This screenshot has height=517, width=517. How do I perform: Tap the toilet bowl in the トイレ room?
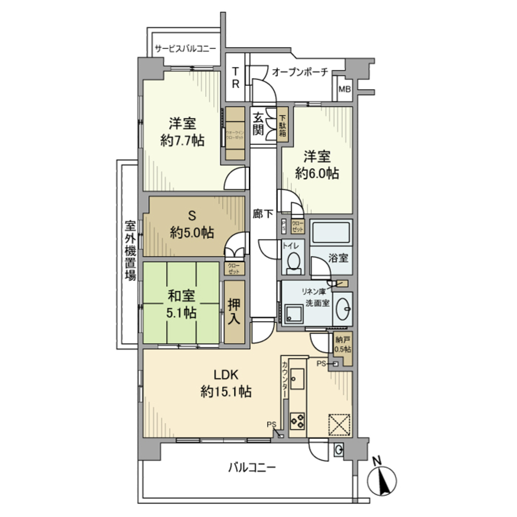pyautogui.click(x=293, y=262)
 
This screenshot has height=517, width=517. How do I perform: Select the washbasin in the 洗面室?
pyautogui.click(x=343, y=309)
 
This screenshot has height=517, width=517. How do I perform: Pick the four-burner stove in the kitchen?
pyautogui.click(x=297, y=421)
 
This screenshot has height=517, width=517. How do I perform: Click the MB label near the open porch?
pyautogui.click(x=344, y=89)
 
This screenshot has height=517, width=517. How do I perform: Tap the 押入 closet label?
pyautogui.click(x=234, y=312)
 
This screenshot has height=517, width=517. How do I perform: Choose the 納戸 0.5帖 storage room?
pyautogui.click(x=342, y=345)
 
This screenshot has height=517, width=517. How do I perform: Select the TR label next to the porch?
pyautogui.click(x=235, y=78)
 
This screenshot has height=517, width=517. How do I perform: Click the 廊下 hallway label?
pyautogui.click(x=263, y=213)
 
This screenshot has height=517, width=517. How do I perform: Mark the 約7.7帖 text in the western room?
pyautogui.click(x=183, y=140)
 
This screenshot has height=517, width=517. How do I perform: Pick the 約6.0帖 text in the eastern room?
pyautogui.click(x=317, y=173)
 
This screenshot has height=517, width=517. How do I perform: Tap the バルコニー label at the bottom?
pyautogui.click(x=252, y=468)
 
